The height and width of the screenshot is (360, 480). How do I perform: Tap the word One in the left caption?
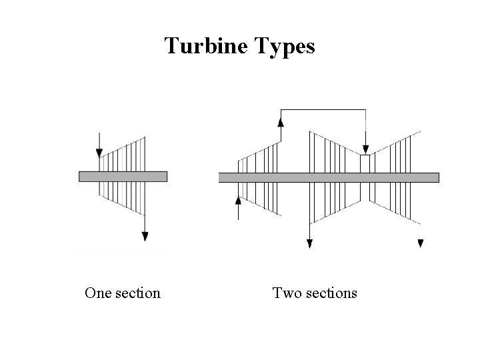click(97, 293)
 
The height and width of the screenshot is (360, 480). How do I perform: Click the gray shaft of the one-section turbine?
click(123, 176)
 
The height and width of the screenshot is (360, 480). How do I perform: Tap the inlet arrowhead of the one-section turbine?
click(99, 153)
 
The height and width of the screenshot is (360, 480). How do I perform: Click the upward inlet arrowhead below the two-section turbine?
click(239, 200)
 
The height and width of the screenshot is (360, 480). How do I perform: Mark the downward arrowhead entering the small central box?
click(365, 149)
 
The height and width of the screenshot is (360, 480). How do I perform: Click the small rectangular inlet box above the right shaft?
click(365, 163)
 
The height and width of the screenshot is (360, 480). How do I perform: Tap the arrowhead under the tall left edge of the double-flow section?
click(309, 243)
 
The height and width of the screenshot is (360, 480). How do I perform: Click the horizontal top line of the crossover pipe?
click(323, 109)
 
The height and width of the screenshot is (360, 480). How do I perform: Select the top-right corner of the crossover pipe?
click(365, 109)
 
